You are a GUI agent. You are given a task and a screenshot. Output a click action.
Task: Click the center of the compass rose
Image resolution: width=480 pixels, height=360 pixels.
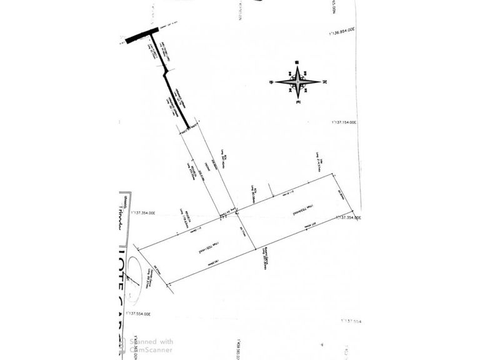point(298,82)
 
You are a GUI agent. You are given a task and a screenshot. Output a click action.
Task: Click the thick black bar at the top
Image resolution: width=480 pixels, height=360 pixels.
point(142,35)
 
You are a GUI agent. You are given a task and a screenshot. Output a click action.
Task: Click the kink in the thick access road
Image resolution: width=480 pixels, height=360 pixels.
point(165,72)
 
